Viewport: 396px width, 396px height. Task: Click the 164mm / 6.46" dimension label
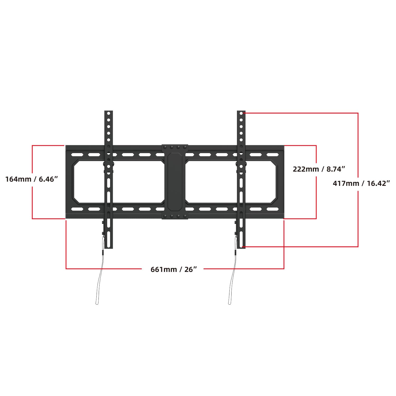[x=31, y=179]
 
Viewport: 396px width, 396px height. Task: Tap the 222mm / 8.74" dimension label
[x=319, y=169]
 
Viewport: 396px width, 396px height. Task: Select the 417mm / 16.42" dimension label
[x=361, y=183]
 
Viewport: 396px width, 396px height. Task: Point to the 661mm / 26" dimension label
[x=174, y=269]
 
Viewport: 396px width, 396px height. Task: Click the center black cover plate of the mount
[x=175, y=182]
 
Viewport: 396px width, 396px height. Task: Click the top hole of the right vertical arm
[x=241, y=113]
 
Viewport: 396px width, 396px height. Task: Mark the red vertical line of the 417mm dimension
[x=358, y=148]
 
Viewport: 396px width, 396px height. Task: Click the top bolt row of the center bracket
[x=175, y=147]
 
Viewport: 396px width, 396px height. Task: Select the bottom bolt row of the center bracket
[x=175, y=216]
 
